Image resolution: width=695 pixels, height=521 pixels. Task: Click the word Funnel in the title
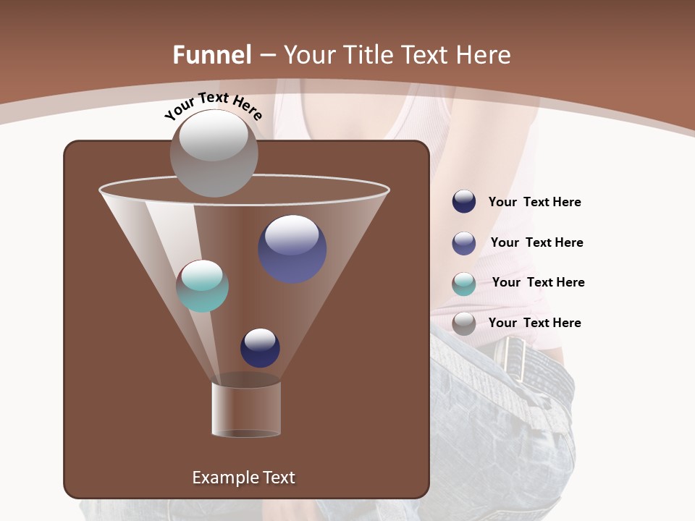tap(212, 55)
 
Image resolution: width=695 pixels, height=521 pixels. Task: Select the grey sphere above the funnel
tap(214, 153)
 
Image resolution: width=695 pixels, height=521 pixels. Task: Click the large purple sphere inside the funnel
tap(292, 248)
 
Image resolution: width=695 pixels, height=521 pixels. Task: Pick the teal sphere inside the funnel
tap(203, 286)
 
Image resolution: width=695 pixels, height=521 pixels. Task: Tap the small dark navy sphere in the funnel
tap(260, 347)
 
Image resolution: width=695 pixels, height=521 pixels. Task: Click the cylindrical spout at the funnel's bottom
tap(246, 409)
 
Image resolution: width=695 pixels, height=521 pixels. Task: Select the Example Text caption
tap(243, 478)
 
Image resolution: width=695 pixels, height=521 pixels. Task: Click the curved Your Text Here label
tap(213, 106)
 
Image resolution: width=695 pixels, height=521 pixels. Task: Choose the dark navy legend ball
tap(464, 202)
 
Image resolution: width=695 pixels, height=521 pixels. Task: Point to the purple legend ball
tap(464, 242)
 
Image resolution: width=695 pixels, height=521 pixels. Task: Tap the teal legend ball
tap(464, 283)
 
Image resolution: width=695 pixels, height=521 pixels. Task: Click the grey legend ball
tap(464, 323)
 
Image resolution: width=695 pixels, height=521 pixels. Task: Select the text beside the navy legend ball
tap(534, 203)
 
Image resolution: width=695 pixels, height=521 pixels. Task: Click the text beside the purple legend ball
tap(536, 242)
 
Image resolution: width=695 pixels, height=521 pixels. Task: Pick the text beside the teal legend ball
tap(538, 282)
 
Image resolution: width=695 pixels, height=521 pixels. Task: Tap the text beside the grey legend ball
tap(534, 323)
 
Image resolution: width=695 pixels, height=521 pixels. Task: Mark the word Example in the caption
tap(220, 478)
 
